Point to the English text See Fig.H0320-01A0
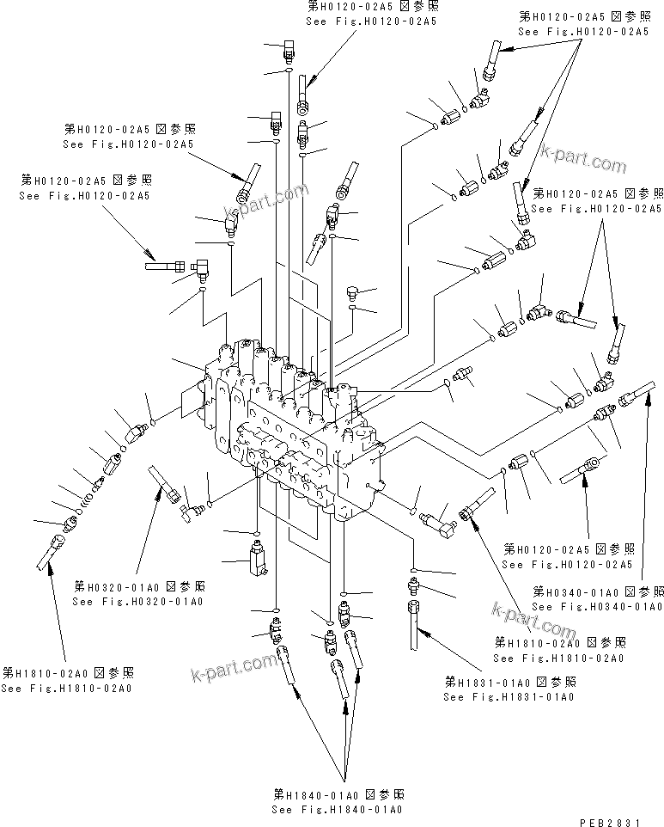(137, 601)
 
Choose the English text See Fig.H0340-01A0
(597, 607)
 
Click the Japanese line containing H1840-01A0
(339, 794)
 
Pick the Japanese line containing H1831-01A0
(510, 682)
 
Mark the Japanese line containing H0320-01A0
(139, 586)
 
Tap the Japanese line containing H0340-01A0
(599, 592)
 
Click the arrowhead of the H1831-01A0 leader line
(419, 632)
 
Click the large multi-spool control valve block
(292, 430)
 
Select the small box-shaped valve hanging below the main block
(257, 557)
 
